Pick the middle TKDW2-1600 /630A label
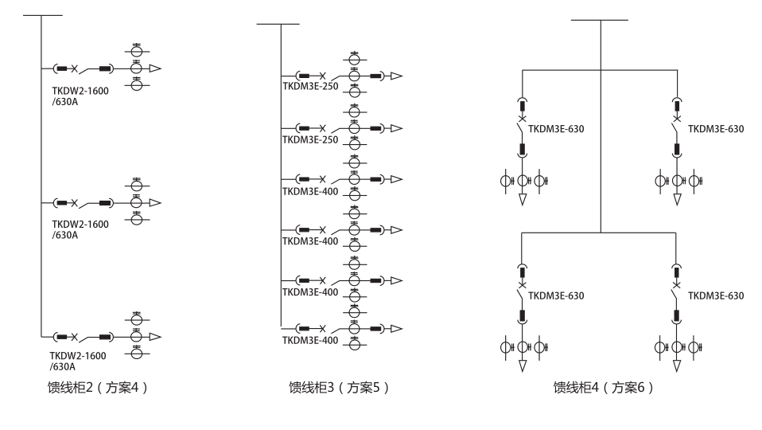click(80, 229)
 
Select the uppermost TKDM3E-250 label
click(310, 86)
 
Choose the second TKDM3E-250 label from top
click(310, 139)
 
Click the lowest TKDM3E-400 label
click(310, 341)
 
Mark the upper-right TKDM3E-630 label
click(716, 129)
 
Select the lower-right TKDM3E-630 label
click(716, 295)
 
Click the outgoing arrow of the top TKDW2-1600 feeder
click(155, 69)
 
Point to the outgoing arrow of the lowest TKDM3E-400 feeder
click(395, 329)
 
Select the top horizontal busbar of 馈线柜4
click(600, 20)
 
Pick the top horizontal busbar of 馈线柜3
click(278, 24)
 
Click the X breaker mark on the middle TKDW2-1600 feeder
click(74, 203)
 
